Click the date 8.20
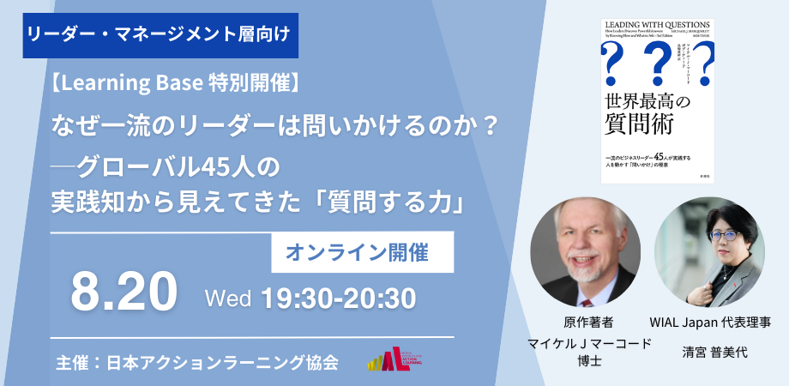click(x=123, y=293)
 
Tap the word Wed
click(x=228, y=299)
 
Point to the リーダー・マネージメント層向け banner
click(x=157, y=35)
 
